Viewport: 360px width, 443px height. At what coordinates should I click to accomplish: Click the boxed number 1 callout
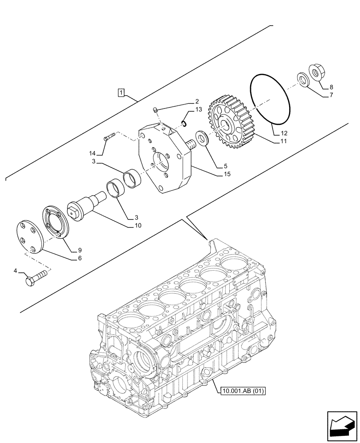click(121, 93)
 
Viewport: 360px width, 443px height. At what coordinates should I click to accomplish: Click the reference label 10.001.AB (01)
click(242, 390)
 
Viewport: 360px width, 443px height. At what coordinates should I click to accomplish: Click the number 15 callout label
click(227, 175)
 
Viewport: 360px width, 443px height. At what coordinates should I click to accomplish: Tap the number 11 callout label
click(283, 142)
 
